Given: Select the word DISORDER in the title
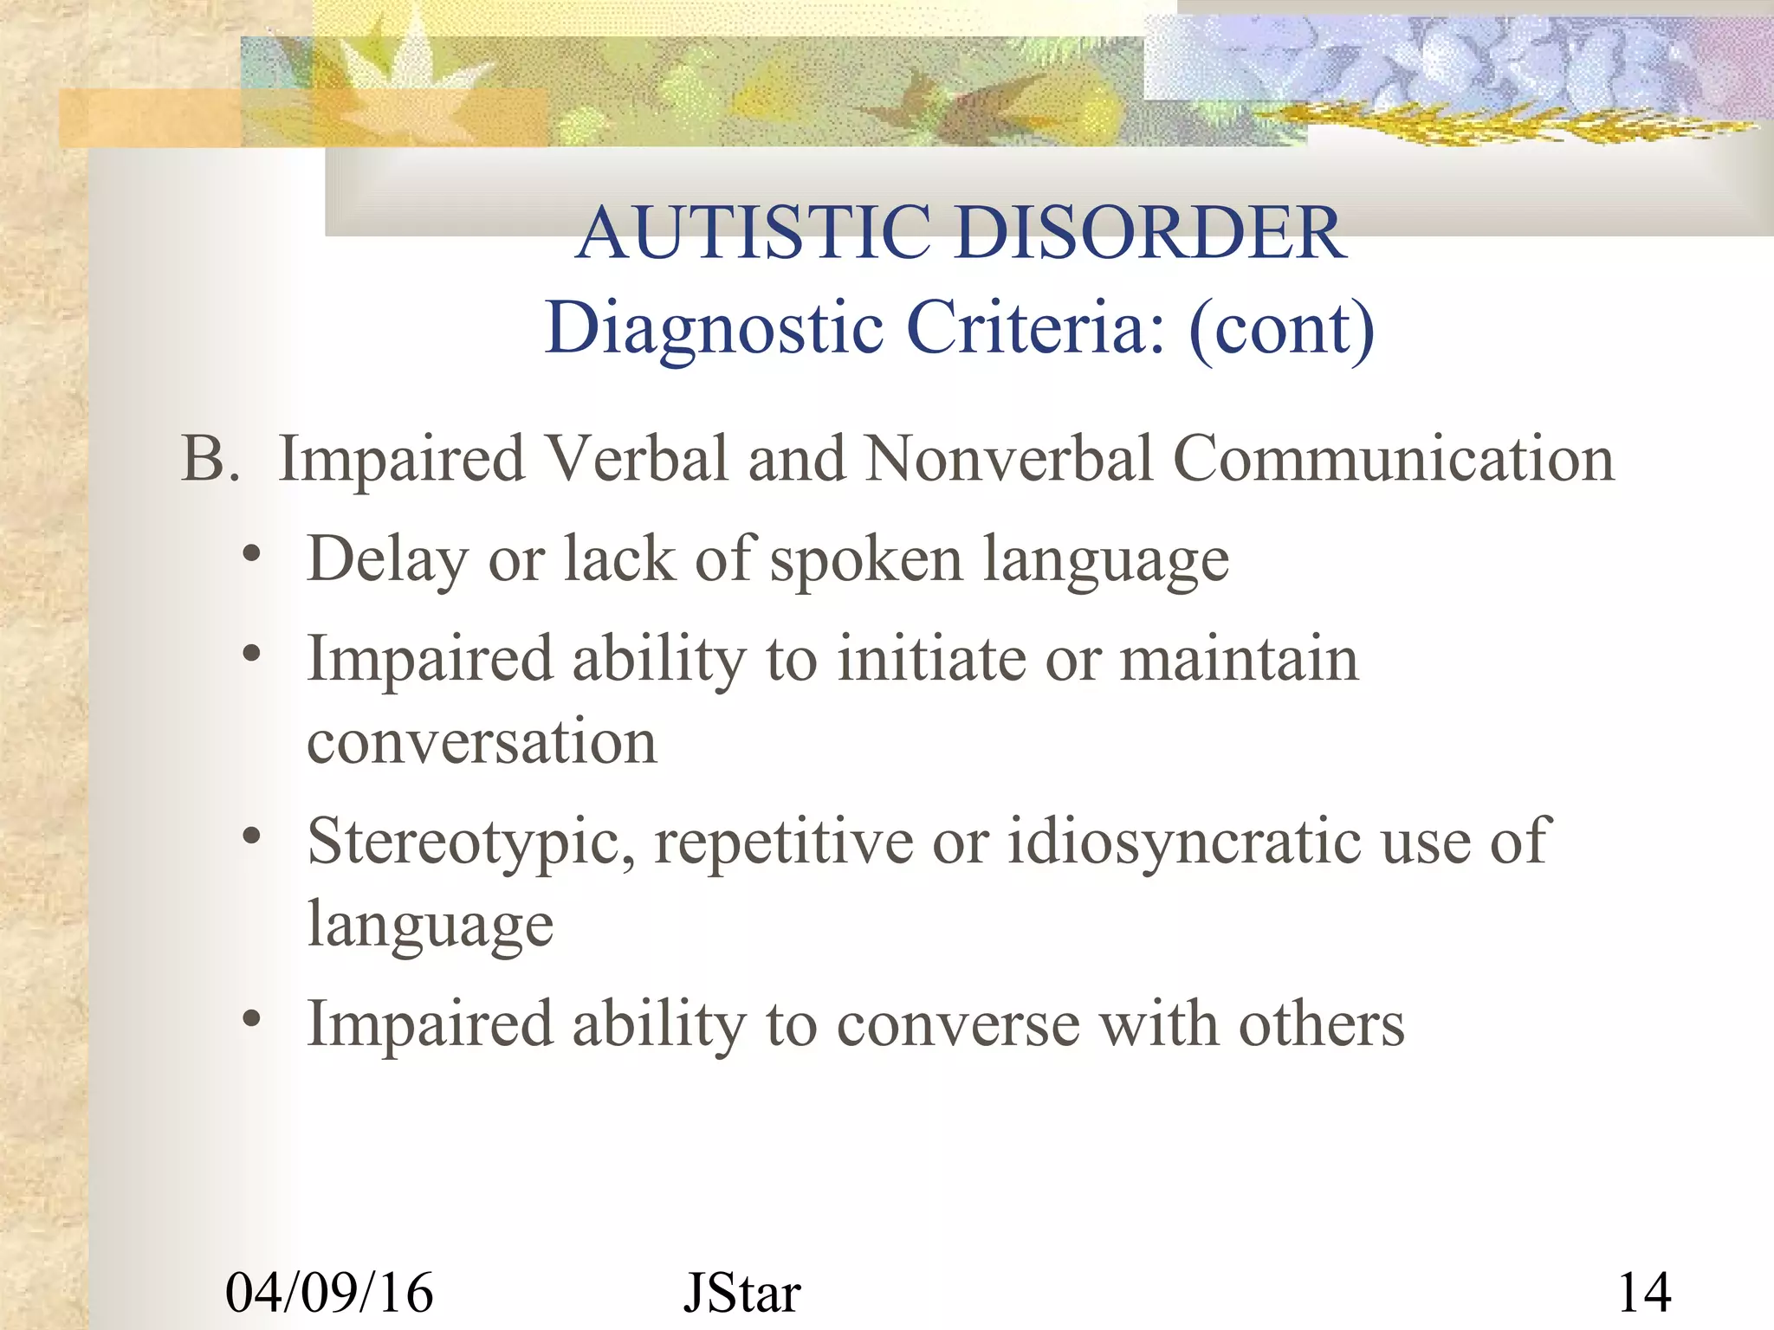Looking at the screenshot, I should coord(1151,233).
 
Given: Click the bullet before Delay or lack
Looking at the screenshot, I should coord(251,555).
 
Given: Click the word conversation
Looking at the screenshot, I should coord(482,743).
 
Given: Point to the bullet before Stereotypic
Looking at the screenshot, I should coord(251,836).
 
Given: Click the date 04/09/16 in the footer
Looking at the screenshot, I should coord(329,1293).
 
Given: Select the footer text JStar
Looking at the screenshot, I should coord(741,1293).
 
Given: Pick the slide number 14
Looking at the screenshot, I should coord(1644,1293).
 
